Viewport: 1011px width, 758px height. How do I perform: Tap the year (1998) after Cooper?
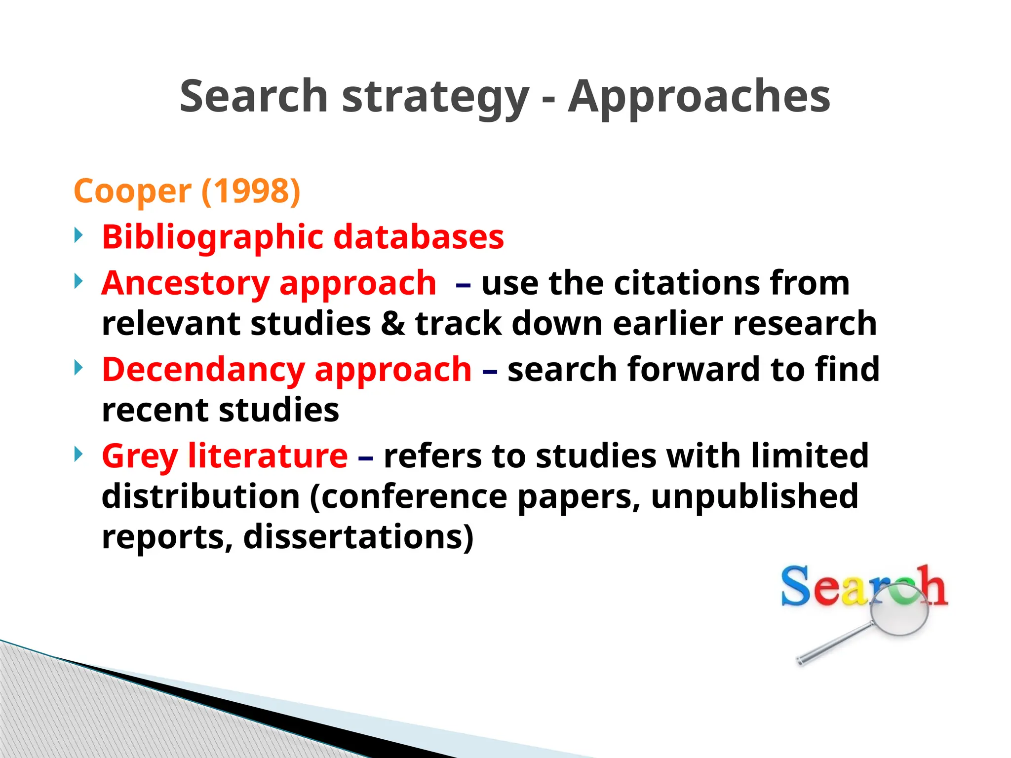point(251,191)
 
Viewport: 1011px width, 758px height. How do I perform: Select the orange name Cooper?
point(132,192)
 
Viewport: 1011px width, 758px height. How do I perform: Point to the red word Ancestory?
point(185,284)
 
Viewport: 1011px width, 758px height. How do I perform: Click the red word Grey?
point(139,456)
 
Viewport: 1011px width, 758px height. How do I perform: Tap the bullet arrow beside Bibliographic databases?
point(78,235)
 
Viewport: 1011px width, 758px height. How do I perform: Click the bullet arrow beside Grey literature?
point(78,454)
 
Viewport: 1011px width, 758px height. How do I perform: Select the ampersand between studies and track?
point(392,324)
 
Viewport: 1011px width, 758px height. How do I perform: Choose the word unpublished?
point(755,496)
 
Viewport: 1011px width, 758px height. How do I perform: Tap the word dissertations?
point(358,537)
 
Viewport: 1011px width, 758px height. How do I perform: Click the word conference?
point(415,496)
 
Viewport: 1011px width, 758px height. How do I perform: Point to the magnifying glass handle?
point(834,644)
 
